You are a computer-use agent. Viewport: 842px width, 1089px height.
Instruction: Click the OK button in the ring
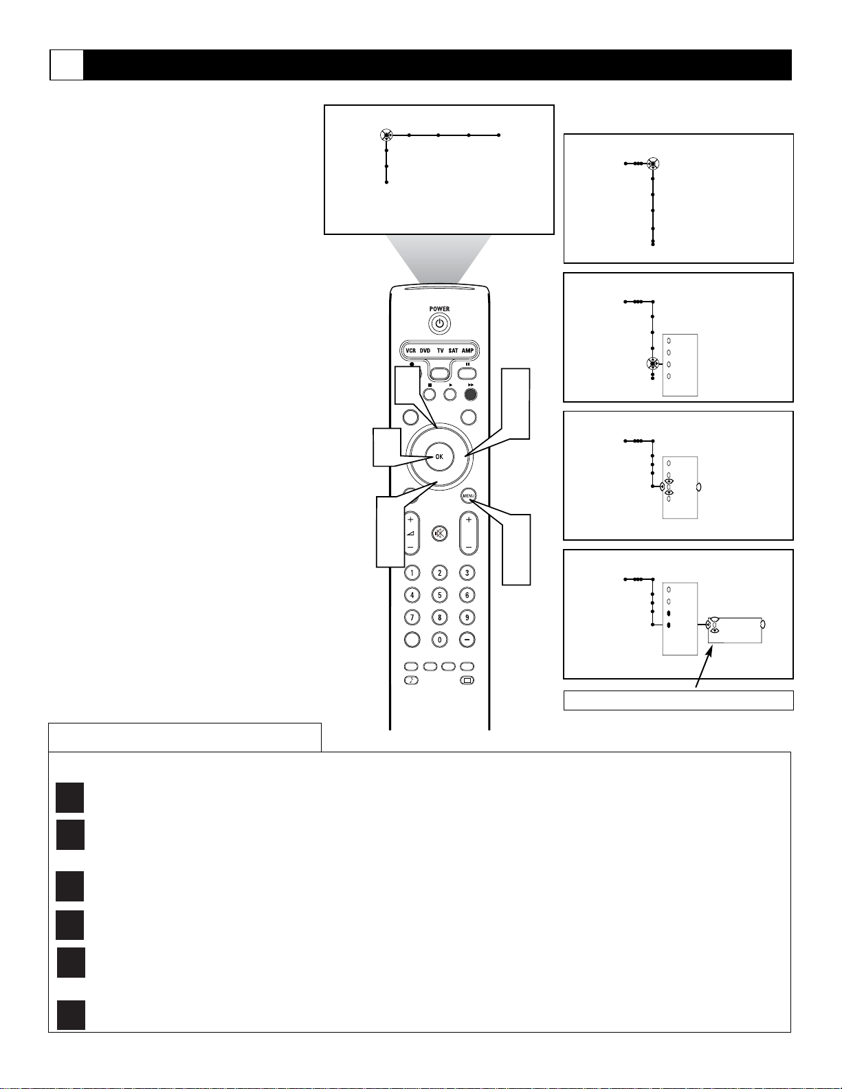click(x=439, y=456)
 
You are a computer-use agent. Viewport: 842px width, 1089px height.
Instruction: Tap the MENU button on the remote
click(x=468, y=496)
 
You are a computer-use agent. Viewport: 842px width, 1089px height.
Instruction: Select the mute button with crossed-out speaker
click(x=439, y=534)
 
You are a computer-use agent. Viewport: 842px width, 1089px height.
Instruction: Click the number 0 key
click(x=439, y=640)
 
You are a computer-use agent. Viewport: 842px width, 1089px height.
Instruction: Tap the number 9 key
click(x=467, y=618)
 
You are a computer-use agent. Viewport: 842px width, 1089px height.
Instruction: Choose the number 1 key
click(x=412, y=573)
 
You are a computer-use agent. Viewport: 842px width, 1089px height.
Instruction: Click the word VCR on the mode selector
click(x=410, y=351)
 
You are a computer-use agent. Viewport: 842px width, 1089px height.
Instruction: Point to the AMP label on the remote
click(x=467, y=351)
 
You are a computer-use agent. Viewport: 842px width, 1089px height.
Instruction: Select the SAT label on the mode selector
click(x=453, y=351)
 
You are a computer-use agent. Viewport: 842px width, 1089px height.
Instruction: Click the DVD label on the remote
click(x=425, y=351)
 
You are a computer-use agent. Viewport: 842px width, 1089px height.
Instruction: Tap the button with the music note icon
click(x=411, y=681)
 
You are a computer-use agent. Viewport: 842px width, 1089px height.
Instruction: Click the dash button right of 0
click(x=467, y=640)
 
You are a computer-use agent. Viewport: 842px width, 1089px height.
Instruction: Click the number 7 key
click(x=412, y=618)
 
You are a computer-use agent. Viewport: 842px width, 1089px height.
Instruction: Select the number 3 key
click(x=467, y=573)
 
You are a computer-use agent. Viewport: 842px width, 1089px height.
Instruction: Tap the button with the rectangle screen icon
click(x=467, y=681)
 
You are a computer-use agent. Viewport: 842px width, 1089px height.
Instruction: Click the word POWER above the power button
click(x=439, y=308)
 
